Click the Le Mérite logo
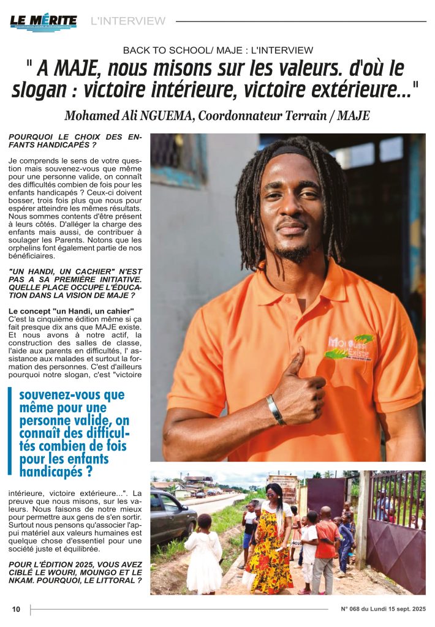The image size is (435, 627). click(x=43, y=21)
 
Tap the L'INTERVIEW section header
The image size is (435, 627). click(x=127, y=21)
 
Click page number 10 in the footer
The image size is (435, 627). click(x=17, y=609)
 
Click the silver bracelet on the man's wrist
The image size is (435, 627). click(x=275, y=409)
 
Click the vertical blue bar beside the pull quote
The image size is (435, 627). click(x=10, y=430)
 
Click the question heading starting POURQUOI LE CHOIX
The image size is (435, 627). click(x=75, y=141)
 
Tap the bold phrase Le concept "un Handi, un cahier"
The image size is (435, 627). click(x=71, y=311)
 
